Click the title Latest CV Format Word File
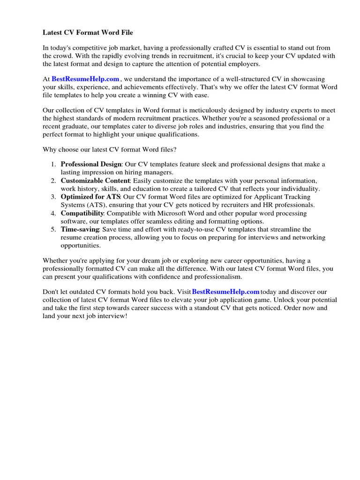[x=88, y=32]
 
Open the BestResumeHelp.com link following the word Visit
[x=225, y=292]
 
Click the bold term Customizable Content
[x=95, y=180]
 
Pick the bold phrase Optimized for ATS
[x=90, y=197]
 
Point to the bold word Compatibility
[x=82, y=213]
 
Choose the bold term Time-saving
[x=80, y=229]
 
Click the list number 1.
[x=53, y=164]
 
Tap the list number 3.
[x=53, y=197]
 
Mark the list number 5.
[x=53, y=229]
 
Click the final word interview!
[x=112, y=316]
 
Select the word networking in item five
[x=307, y=237]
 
